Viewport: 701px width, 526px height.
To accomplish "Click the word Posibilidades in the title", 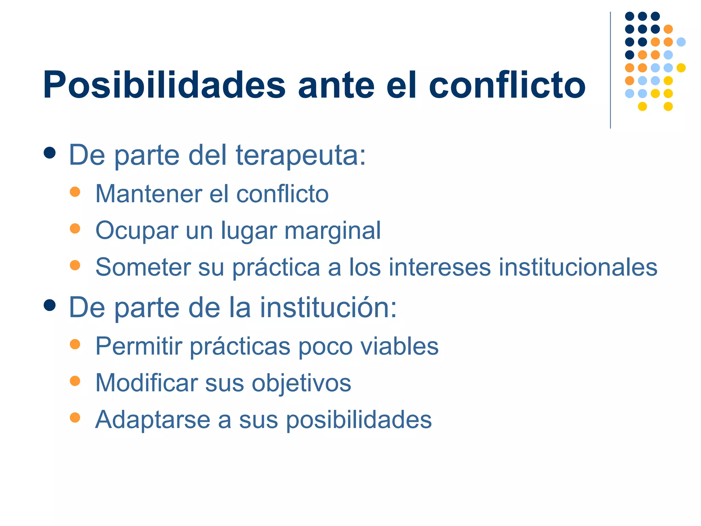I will point(164,85).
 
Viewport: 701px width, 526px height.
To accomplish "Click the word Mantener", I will point(149,194).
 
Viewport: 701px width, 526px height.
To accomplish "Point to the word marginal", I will point(332,231).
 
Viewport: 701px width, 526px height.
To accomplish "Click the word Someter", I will point(143,267).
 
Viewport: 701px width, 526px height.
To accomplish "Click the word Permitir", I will point(139,346).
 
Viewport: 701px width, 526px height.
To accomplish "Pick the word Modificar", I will point(146,383).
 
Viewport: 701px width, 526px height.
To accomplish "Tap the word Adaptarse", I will point(153,420).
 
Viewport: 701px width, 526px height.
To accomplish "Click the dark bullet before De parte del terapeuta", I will point(50,153).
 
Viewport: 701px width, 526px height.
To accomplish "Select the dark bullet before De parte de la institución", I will point(50,305).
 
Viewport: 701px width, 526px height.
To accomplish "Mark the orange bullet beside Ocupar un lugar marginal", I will point(75,228).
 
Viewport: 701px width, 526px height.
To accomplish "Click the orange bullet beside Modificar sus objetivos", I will point(75,381).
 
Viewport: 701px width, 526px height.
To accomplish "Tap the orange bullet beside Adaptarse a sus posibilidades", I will point(75,417).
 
